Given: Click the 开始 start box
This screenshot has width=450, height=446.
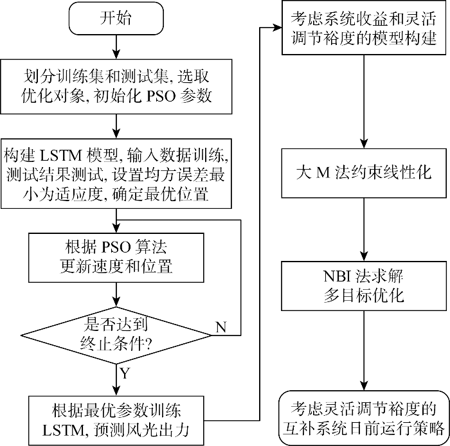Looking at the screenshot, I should (x=116, y=18).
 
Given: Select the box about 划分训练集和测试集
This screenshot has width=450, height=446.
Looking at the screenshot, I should (x=116, y=86).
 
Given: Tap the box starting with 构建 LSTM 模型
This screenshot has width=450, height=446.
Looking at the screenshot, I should (x=116, y=174).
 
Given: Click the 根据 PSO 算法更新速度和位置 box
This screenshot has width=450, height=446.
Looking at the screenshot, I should (x=116, y=255).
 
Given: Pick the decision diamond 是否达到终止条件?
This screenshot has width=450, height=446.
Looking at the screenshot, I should (x=116, y=335).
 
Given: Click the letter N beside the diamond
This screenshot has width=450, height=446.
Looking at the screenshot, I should (x=221, y=327).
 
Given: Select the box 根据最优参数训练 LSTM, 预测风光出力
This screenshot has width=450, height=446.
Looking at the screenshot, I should (x=116, y=419).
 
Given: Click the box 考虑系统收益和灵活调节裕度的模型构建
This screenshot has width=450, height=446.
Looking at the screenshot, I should (x=364, y=29).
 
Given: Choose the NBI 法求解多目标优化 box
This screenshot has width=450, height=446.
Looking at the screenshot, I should (x=364, y=286).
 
